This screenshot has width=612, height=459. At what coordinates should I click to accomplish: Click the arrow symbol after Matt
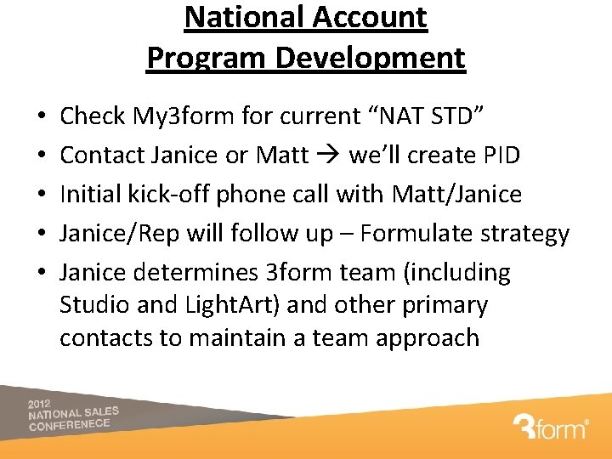point(328,156)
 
